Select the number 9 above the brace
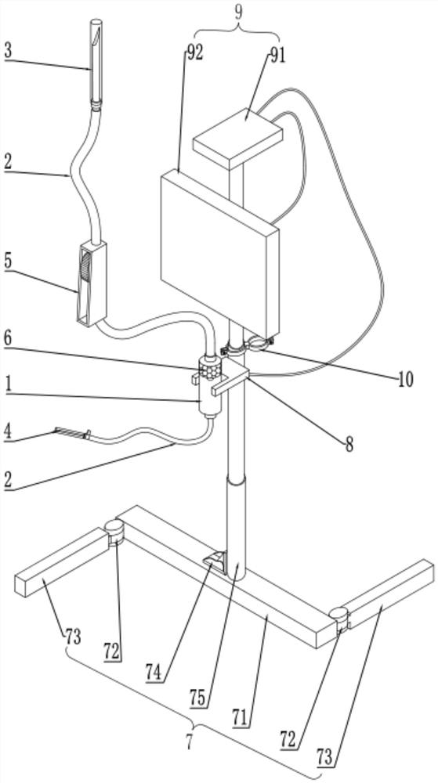pos(239,13)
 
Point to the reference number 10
pos(406,380)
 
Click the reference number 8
pos(349,445)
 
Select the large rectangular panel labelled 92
pos(219,253)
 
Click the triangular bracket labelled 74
pos(215,561)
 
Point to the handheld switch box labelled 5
pos(92,283)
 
